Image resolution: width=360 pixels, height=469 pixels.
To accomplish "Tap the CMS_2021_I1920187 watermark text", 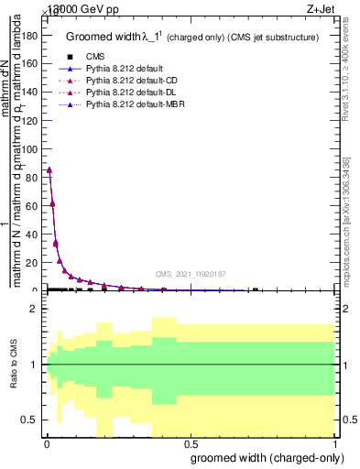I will tap(190, 274).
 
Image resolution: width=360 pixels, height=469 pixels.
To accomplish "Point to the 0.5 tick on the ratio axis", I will tap(30, 420).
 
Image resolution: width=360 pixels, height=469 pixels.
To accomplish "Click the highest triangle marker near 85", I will tap(49, 169).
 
